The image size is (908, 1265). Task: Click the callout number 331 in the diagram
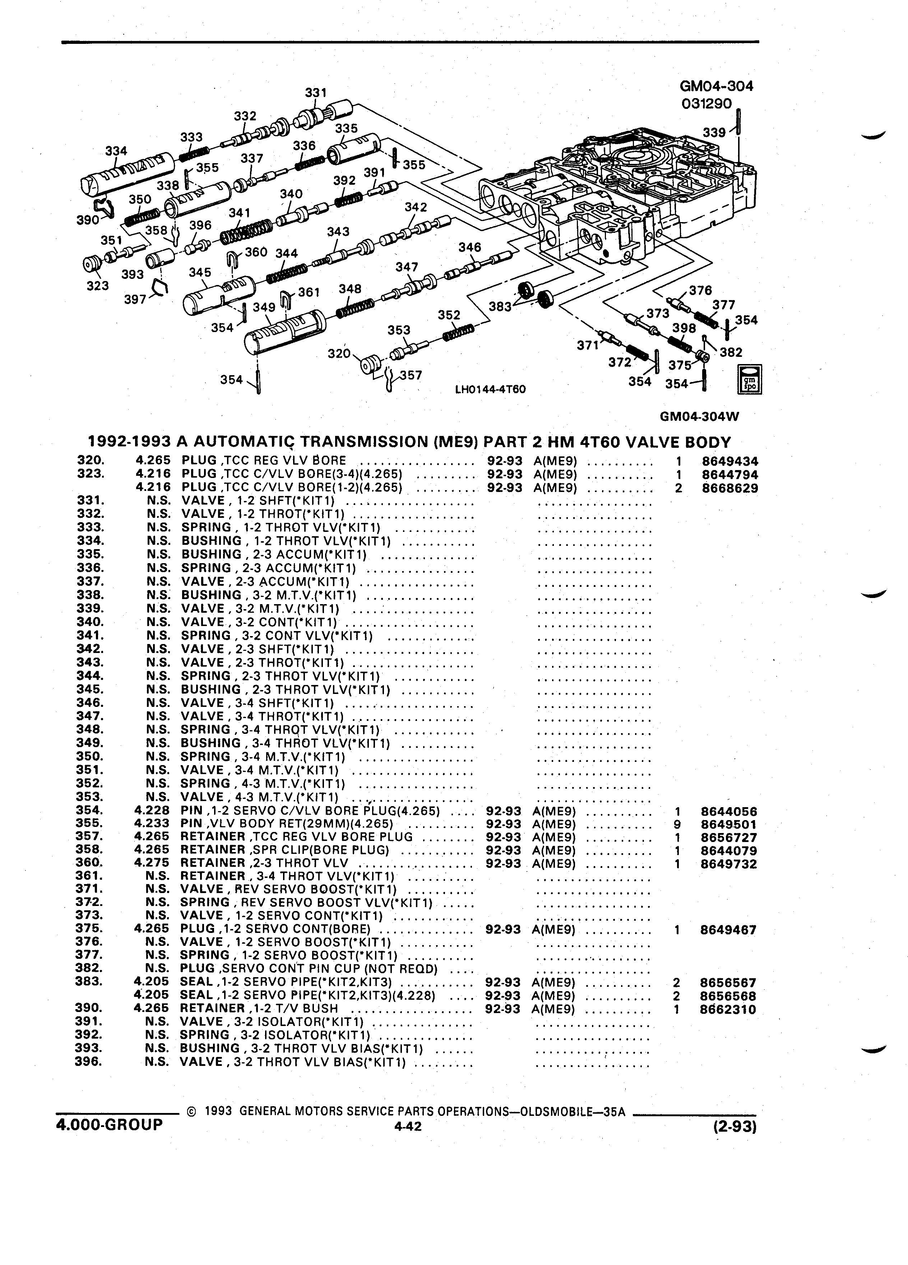coord(315,93)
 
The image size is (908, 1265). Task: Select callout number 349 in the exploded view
coord(264,307)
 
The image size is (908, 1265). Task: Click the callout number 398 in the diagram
coord(684,328)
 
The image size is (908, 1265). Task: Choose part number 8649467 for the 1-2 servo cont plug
coord(728,930)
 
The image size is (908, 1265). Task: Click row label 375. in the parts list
coord(89,929)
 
